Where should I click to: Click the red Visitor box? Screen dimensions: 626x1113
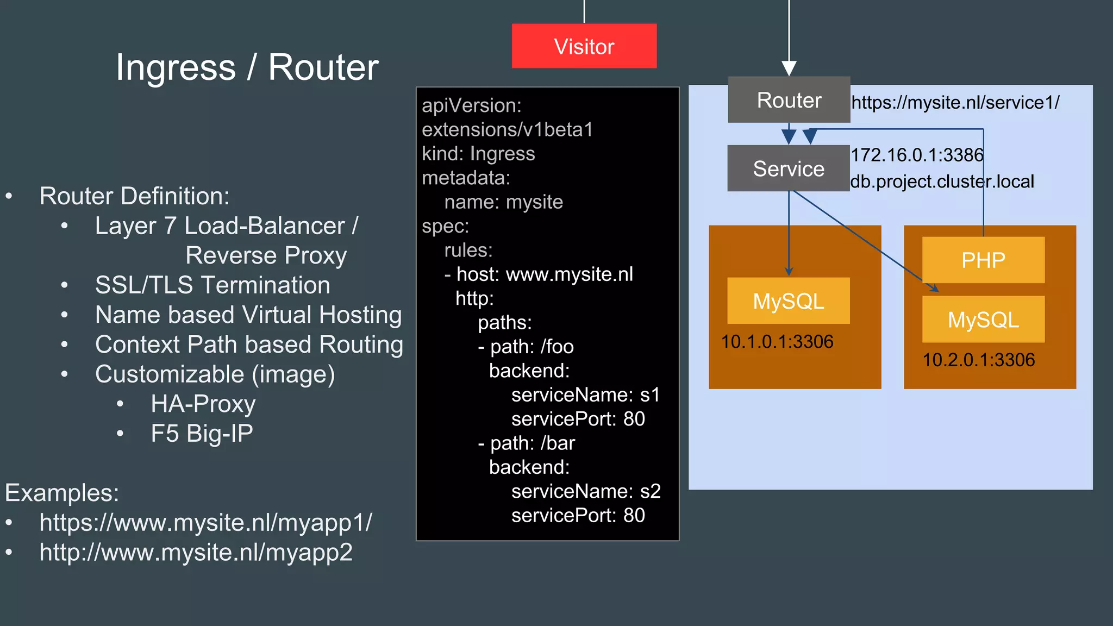(x=584, y=46)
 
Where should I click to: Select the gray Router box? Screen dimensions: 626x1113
(x=789, y=100)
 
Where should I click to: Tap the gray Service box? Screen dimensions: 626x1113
(x=788, y=168)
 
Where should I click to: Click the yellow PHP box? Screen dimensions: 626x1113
(x=983, y=260)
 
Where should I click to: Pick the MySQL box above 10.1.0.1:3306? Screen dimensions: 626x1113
(x=788, y=301)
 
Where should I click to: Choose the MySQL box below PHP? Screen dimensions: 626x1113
(x=983, y=320)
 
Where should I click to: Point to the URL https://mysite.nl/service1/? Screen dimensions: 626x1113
(x=955, y=102)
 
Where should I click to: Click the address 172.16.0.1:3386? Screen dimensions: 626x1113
(x=917, y=155)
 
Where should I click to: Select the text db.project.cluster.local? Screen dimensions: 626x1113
(x=942, y=181)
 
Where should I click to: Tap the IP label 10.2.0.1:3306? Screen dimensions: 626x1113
(x=978, y=360)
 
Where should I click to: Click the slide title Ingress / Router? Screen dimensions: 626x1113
(x=247, y=67)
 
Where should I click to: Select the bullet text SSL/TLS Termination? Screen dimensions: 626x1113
(x=212, y=285)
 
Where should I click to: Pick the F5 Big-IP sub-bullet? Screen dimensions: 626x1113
(x=202, y=434)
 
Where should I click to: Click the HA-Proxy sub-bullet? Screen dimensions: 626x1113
(x=203, y=404)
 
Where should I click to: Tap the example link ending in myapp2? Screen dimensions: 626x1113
(x=196, y=552)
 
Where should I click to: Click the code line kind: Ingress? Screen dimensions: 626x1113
(x=478, y=154)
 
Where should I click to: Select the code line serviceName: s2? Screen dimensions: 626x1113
(x=585, y=491)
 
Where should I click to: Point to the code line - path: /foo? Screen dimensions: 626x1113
(x=526, y=347)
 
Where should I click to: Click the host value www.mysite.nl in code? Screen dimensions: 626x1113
(x=569, y=274)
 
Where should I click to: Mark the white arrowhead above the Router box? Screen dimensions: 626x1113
(x=789, y=68)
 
